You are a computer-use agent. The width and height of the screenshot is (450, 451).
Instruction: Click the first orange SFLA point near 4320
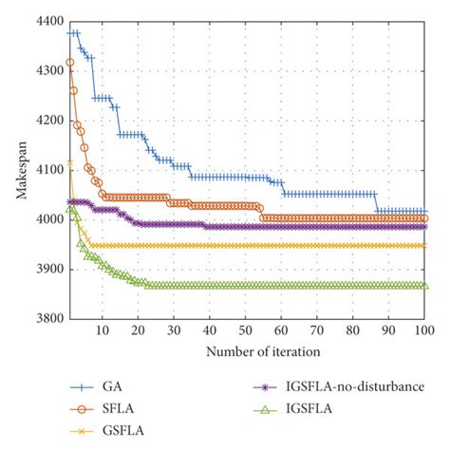click(x=69, y=63)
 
